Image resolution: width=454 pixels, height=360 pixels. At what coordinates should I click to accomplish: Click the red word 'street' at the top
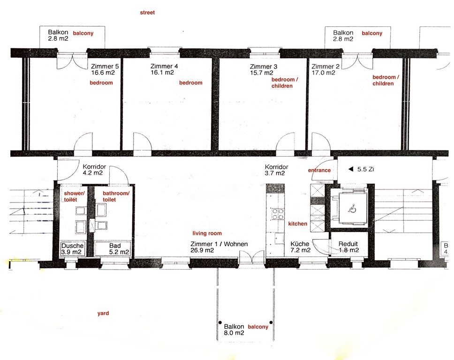click(147, 13)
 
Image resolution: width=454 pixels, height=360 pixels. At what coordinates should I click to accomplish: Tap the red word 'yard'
click(103, 313)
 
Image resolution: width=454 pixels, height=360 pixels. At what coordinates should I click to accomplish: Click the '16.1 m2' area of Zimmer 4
click(162, 73)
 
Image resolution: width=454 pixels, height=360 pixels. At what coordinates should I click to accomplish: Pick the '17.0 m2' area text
click(323, 73)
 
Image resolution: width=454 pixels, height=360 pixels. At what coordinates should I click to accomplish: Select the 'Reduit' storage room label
click(348, 244)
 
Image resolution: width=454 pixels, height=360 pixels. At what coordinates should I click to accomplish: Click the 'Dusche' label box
click(73, 249)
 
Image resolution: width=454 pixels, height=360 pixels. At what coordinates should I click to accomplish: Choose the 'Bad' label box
click(113, 249)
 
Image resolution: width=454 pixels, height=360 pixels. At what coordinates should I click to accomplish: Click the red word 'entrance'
click(319, 170)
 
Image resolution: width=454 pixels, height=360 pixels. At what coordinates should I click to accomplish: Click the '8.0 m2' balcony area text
click(234, 333)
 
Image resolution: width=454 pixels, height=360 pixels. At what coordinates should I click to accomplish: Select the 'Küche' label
click(299, 244)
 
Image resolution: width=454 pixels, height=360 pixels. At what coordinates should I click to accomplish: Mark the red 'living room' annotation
click(207, 233)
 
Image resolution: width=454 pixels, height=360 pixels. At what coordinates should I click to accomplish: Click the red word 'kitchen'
click(297, 224)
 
